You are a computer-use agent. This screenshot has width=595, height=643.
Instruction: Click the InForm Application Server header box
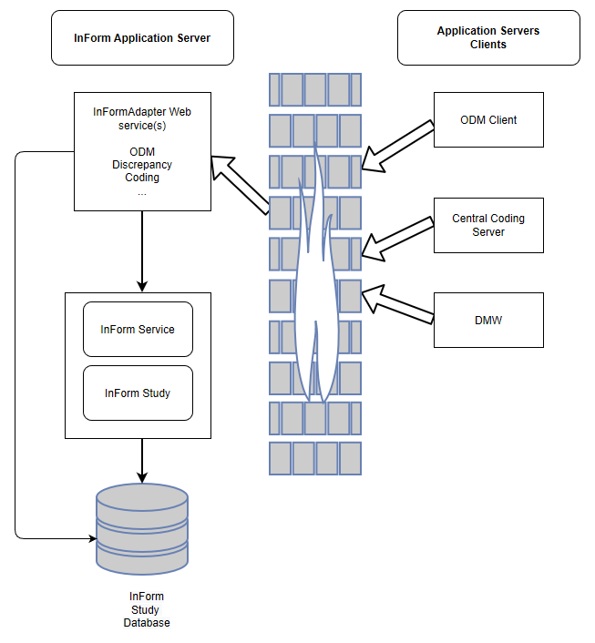point(142,38)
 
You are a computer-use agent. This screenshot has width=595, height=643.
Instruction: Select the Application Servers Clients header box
point(488,38)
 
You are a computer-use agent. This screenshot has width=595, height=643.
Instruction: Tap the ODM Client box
point(488,120)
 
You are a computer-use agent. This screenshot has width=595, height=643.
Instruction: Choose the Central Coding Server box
point(488,226)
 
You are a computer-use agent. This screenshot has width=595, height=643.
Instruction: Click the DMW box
point(488,320)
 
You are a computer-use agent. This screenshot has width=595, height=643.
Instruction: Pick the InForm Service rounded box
point(138,329)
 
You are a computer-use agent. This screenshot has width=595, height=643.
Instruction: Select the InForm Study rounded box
point(138,393)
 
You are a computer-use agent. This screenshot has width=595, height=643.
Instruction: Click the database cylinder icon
point(142,529)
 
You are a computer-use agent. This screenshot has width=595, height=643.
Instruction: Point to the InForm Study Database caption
point(146,609)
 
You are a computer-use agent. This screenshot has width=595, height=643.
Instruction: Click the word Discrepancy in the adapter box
point(142,165)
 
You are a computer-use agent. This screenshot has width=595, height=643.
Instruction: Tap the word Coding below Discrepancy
point(142,178)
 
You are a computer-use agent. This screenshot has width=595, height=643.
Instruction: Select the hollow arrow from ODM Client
point(397,145)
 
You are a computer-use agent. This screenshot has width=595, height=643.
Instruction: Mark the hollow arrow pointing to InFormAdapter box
point(240,186)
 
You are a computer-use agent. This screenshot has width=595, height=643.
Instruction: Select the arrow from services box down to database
point(142,460)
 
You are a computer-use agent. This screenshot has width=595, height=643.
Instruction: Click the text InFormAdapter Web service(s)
point(142,119)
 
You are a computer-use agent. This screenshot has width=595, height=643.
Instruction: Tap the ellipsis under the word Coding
point(142,192)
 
